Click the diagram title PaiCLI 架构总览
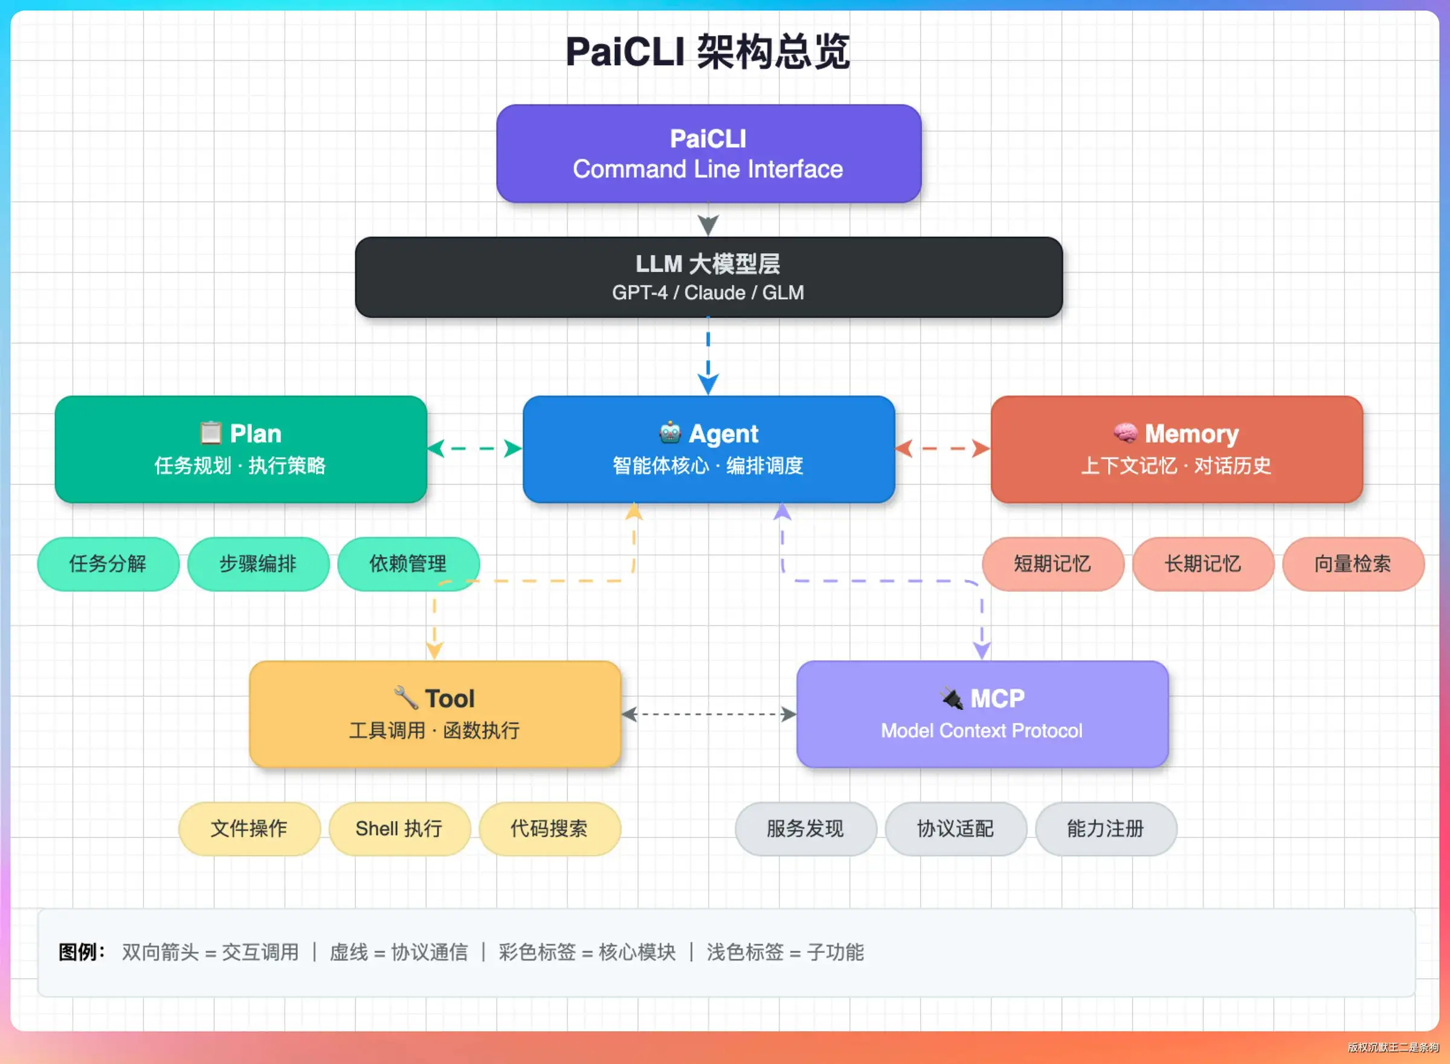(707, 51)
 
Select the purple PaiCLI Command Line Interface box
(708, 153)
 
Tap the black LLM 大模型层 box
(708, 277)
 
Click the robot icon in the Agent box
(670, 433)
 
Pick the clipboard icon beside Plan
(210, 433)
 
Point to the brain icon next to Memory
(1126, 433)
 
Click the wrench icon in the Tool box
(405, 697)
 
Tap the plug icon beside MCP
(951, 697)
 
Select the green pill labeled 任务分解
(108, 564)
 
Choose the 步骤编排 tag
(258, 564)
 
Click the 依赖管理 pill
(408, 564)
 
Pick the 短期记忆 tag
(1052, 564)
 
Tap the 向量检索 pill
(1353, 564)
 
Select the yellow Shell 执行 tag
(399, 828)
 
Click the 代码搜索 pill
(549, 828)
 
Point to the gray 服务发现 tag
(805, 828)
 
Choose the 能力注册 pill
(1106, 828)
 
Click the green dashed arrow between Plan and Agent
(474, 448)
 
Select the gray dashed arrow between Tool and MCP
(709, 714)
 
